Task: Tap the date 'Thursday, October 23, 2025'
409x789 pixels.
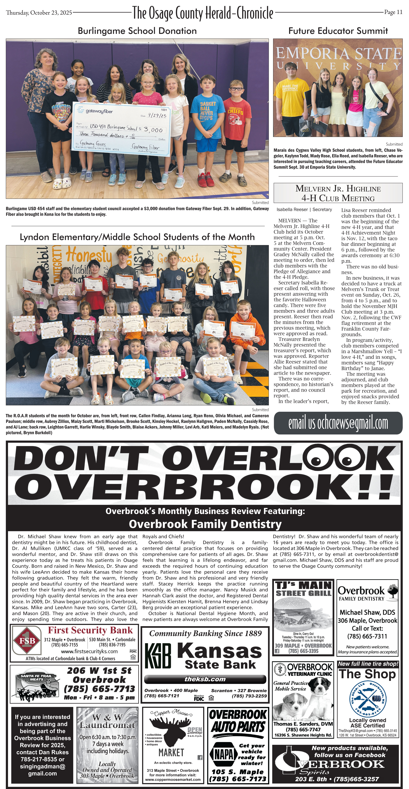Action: pyautogui.click(x=39, y=13)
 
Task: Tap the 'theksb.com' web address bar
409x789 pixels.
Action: pyautogui.click(x=205, y=679)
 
